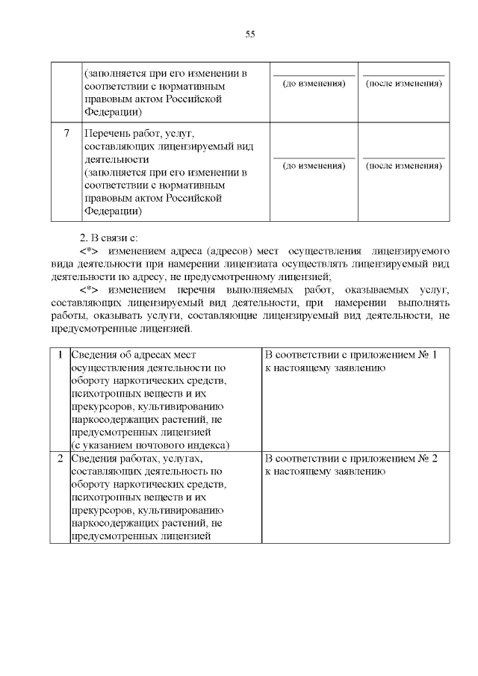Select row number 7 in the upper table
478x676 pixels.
(x=66, y=133)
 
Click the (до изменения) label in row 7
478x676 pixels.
(x=314, y=165)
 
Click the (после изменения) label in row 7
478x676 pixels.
(x=403, y=165)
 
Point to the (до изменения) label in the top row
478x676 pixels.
(x=314, y=83)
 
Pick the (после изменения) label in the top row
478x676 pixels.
(x=403, y=83)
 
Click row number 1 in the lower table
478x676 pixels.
(x=60, y=354)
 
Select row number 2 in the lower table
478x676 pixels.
(x=60, y=458)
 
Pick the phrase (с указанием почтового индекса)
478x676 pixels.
(x=149, y=444)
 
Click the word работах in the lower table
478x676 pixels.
(x=147, y=458)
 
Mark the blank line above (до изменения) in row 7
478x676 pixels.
(x=314, y=158)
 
